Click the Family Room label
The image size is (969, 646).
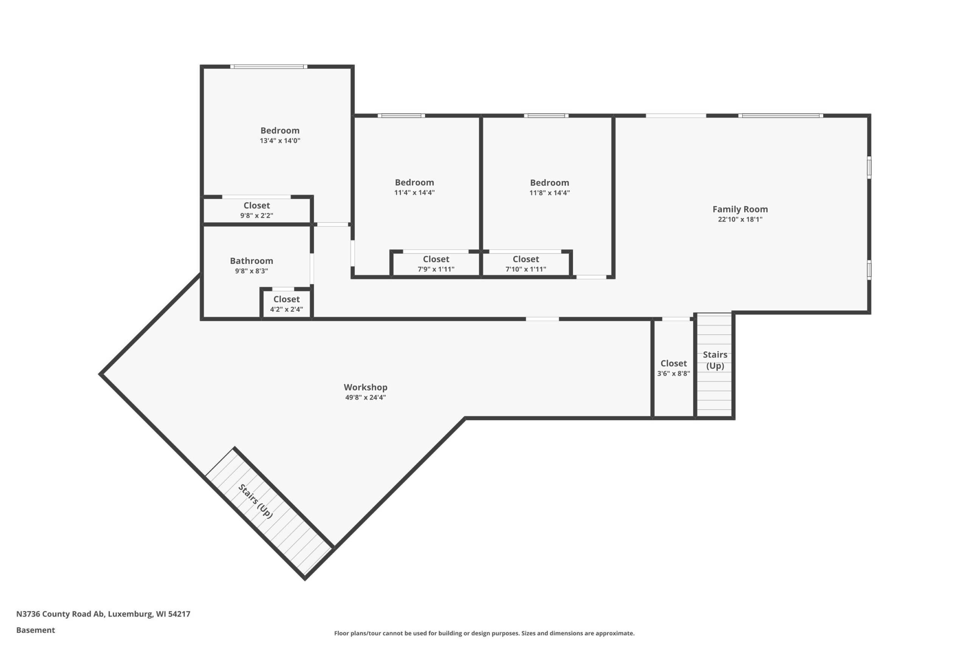[x=740, y=209]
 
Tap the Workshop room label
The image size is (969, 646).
[x=365, y=387]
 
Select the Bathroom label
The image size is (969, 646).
[x=251, y=261]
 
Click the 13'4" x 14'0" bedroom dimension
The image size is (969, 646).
[x=280, y=141]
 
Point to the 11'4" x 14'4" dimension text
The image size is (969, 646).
[x=414, y=193]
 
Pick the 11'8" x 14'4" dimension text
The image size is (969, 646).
[x=549, y=193]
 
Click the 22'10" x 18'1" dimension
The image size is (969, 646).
[x=740, y=219]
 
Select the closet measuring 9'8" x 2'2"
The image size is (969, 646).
[x=257, y=210]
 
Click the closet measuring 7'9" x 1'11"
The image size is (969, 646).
[x=436, y=264]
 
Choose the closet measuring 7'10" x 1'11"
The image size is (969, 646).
[x=526, y=264]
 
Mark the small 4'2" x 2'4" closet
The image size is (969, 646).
[x=286, y=304]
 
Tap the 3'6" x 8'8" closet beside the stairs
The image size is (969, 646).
[x=674, y=368]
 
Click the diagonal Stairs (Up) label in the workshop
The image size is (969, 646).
[x=255, y=501]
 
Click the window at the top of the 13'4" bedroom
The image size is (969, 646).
[x=269, y=67]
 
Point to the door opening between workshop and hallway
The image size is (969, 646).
[x=542, y=319]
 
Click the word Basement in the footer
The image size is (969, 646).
[x=36, y=630]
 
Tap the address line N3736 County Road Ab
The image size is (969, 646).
[x=103, y=614]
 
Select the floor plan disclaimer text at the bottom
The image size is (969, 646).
[x=484, y=633]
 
